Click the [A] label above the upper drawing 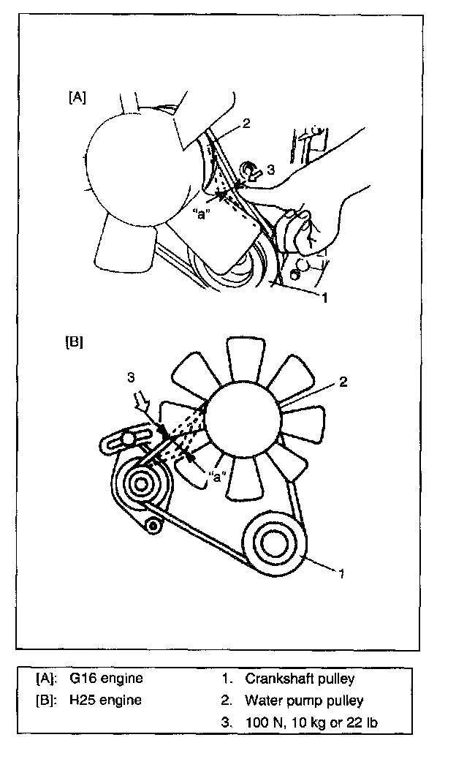click(x=77, y=97)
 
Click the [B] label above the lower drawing click(x=75, y=341)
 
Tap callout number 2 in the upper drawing click(x=246, y=123)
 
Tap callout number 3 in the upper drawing click(x=270, y=170)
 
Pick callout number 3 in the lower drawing click(x=131, y=377)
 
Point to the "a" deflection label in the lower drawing click(x=216, y=476)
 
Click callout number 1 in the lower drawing click(x=341, y=573)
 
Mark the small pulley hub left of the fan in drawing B click(x=138, y=483)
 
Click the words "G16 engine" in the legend click(x=106, y=678)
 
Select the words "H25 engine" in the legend click(x=106, y=700)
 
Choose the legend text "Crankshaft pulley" click(x=300, y=678)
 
